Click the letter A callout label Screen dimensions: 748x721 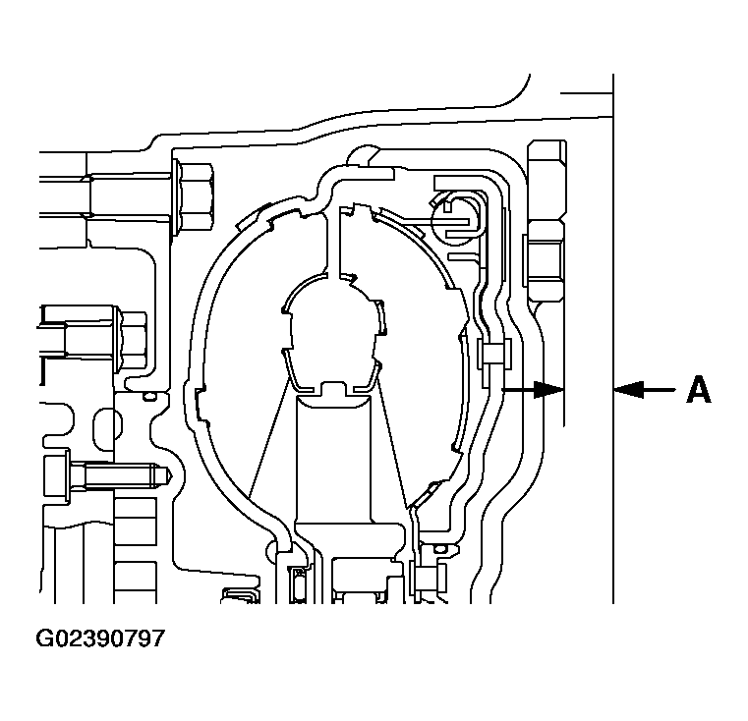(699, 390)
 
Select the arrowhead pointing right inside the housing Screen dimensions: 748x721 (548, 390)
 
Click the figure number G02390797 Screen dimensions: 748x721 (100, 638)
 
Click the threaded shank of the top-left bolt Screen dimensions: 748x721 (129, 196)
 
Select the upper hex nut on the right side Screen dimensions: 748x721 (547, 181)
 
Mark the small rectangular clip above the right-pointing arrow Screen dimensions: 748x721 (494, 354)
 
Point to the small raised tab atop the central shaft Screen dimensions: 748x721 (333, 389)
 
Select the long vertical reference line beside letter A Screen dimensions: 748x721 (613, 339)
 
